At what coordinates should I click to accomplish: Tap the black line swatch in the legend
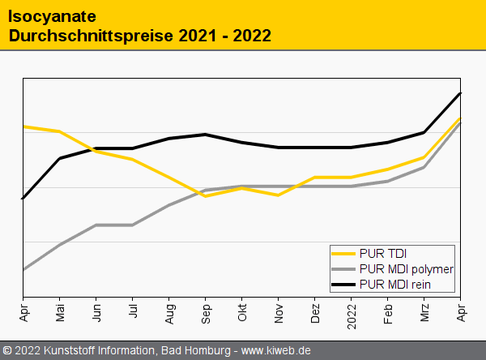pyautogui.click(x=344, y=285)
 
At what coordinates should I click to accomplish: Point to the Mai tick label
pyautogui.click(x=60, y=312)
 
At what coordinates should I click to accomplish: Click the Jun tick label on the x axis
pyautogui.click(x=96, y=312)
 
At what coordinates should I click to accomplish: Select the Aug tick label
pyautogui.click(x=169, y=312)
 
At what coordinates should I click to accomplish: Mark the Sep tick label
pyautogui.click(x=206, y=312)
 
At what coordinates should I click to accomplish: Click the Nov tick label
pyautogui.click(x=279, y=312)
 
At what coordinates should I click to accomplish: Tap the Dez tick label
pyautogui.click(x=315, y=312)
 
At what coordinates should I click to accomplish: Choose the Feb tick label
pyautogui.click(x=388, y=312)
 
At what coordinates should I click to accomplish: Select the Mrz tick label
pyautogui.click(x=424, y=312)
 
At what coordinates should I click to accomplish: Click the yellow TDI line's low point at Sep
pyautogui.click(x=206, y=196)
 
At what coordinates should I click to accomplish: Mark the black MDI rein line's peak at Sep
pyautogui.click(x=206, y=135)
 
